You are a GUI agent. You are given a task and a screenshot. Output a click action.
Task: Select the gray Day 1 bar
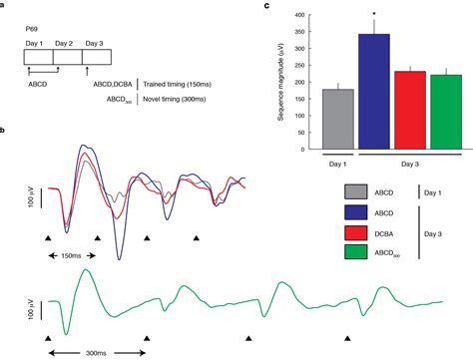click(x=310, y=120)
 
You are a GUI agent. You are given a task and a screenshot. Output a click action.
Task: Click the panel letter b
click(x=5, y=133)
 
